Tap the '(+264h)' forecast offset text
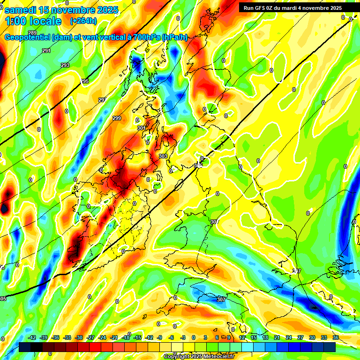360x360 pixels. coord(83,21)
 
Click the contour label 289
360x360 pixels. coord(32,32)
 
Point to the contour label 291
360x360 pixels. coord(46,51)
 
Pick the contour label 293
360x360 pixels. coord(65,65)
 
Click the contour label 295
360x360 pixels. coord(84,81)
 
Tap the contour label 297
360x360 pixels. coord(103,100)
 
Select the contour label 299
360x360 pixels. coord(117,118)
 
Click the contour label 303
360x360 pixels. coord(163,156)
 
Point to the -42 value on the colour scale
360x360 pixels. coord(33,337)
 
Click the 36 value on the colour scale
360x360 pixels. coord(336,337)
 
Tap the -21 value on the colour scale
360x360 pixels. coord(114,337)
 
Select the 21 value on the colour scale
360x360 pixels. coord(277,337)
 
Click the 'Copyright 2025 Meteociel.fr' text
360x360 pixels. coord(199,356)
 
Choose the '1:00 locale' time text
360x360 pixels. coord(33,21)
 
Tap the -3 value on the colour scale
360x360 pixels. coord(183,337)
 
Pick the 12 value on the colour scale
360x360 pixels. coord(242,337)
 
